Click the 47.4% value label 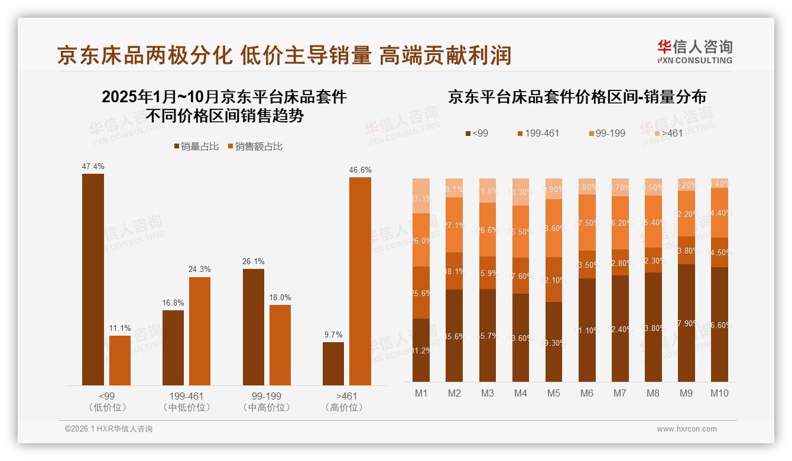[93, 166]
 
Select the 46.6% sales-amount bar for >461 [360, 281]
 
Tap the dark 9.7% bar [333, 363]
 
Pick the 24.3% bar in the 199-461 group [200, 331]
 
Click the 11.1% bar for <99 [120, 360]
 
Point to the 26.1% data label [254, 261]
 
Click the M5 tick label [553, 393]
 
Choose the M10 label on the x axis [719, 393]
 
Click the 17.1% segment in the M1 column [421, 196]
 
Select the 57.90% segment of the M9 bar [686, 323]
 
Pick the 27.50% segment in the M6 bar [586, 222]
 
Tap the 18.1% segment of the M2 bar [454, 271]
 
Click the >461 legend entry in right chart [667, 133]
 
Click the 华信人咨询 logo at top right [694, 51]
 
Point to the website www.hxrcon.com [687, 429]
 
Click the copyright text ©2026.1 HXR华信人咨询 [109, 429]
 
